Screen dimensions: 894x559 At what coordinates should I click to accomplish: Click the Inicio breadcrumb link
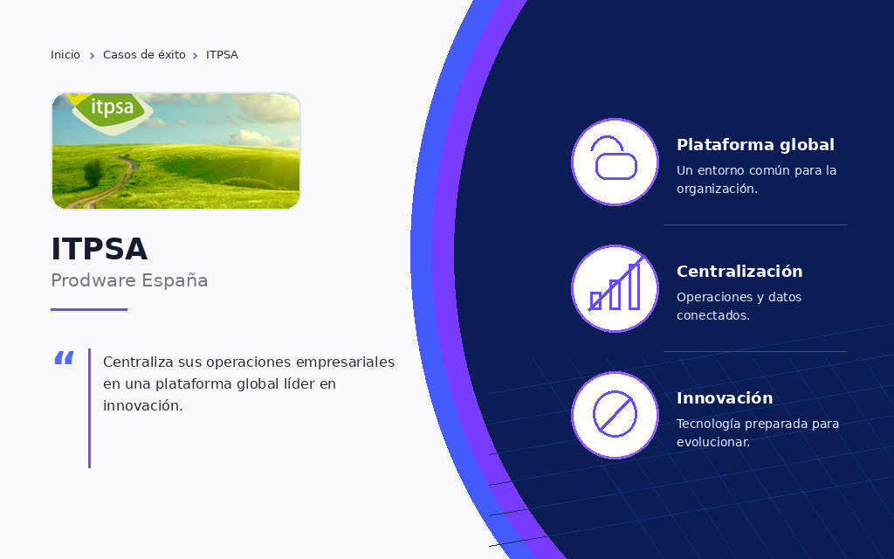[x=65, y=55]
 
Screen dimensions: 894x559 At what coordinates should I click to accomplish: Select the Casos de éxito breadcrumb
[x=144, y=55]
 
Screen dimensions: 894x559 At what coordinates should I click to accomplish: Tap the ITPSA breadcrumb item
[x=222, y=55]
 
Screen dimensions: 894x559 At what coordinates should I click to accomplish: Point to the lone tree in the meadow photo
[x=93, y=172]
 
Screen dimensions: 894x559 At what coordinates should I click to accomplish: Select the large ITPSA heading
[x=100, y=249]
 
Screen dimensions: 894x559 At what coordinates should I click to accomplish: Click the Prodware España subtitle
[x=129, y=280]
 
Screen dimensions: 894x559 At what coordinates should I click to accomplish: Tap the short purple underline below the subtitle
[x=89, y=310]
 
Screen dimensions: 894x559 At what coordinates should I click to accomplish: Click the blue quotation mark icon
[x=64, y=358]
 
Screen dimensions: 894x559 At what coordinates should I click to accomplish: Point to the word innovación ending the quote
[x=142, y=405]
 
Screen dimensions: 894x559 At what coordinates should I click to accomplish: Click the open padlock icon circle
[x=615, y=162]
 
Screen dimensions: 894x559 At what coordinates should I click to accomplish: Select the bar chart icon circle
[x=615, y=288]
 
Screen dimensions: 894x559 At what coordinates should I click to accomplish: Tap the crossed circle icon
[x=615, y=415]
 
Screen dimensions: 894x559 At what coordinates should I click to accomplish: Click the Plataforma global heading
[x=755, y=145]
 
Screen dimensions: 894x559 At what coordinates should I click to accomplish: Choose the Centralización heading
[x=739, y=272]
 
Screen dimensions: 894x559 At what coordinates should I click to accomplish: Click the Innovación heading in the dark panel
[x=725, y=398]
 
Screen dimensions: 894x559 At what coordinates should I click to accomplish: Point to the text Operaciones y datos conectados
[x=739, y=307]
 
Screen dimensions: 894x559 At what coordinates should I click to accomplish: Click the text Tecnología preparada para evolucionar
[x=758, y=433]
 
